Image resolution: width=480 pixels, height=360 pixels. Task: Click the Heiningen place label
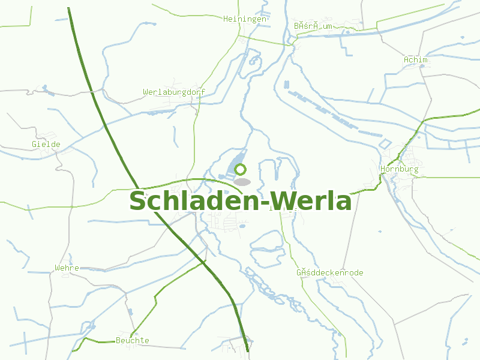pos(244,19)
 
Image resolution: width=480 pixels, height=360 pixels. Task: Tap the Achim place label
pos(416,60)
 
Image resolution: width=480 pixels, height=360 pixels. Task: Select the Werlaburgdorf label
pos(174,92)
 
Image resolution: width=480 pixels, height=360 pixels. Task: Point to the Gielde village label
pos(46,145)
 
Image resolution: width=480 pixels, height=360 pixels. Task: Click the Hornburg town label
pos(399,170)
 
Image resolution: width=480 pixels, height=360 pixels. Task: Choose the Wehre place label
pos(67,268)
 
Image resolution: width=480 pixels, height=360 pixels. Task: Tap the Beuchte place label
pos(132,341)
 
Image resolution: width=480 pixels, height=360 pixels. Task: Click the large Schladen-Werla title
pos(240,201)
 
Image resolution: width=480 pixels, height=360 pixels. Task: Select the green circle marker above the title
pos(241,170)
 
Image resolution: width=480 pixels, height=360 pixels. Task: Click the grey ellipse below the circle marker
pos(242,181)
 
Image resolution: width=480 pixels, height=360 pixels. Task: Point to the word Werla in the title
pos(312,201)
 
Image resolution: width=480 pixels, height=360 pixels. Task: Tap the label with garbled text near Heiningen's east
pos(313,26)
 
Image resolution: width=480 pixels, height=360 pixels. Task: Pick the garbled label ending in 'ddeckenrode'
pos(329,273)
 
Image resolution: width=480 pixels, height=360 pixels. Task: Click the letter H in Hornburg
pos(383,170)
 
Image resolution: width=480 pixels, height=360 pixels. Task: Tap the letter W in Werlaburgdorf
pos(146,92)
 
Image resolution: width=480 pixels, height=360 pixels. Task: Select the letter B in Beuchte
pos(118,341)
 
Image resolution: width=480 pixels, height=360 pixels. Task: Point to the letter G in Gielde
pos(34,145)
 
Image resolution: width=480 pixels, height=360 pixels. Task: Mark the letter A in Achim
pos(406,60)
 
